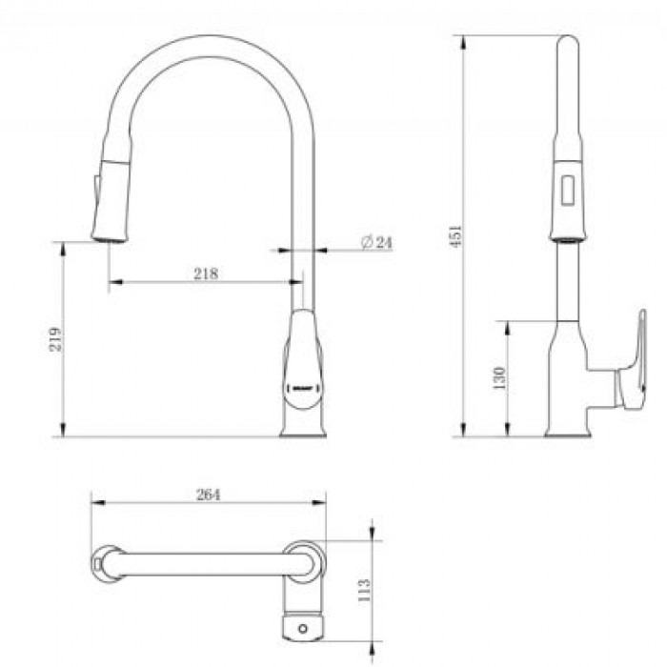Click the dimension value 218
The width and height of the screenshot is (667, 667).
[206, 273]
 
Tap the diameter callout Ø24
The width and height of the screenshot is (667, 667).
[377, 243]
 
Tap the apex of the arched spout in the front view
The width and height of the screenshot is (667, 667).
[206, 36]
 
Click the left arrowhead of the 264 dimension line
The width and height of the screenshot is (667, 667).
[93, 503]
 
